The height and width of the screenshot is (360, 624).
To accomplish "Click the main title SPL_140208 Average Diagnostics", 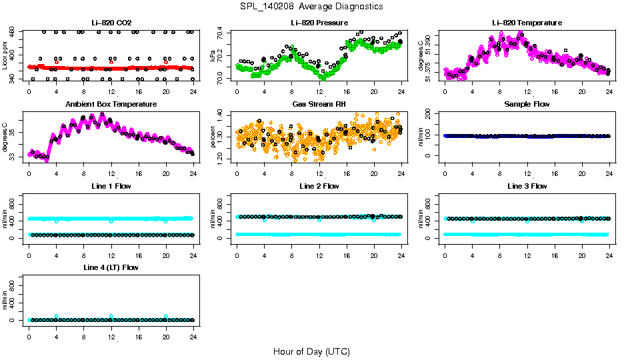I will (312, 6).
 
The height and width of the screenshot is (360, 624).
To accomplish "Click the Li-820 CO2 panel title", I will (111, 23).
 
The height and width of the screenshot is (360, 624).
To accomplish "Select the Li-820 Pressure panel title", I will (319, 23).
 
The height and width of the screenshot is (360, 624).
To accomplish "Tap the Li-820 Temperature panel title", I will (527, 23).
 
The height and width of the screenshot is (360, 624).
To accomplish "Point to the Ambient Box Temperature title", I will (111, 105).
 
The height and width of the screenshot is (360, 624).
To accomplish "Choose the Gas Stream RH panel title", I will (319, 105).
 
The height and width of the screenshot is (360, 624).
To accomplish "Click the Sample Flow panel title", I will (527, 105).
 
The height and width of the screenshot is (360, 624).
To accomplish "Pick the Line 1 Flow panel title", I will (111, 186).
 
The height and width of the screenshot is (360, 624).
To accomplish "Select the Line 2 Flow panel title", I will (319, 186).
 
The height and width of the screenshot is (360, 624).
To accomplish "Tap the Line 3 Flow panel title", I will (527, 186).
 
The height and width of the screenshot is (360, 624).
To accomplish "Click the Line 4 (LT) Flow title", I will (111, 267).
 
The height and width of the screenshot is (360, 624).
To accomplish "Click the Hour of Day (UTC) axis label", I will (311, 351).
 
